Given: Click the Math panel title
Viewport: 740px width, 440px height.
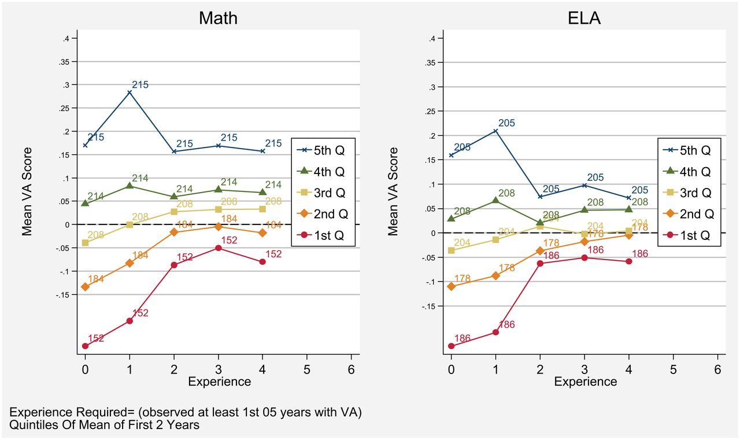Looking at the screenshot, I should click(x=218, y=18).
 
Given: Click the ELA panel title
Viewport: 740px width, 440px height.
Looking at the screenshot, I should click(x=584, y=18).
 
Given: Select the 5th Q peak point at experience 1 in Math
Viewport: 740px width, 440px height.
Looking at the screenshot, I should click(x=129, y=92).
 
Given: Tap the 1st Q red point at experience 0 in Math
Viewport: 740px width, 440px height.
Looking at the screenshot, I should click(x=86, y=346).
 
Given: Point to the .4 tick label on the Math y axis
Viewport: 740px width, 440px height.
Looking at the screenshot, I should click(x=65, y=39).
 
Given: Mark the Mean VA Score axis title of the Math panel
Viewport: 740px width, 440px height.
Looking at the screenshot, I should click(x=27, y=191).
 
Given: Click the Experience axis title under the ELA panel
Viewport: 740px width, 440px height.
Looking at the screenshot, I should click(x=585, y=382).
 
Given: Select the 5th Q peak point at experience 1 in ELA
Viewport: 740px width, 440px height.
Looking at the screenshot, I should click(x=495, y=131).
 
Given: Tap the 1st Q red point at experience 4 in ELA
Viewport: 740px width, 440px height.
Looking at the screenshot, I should click(x=628, y=261).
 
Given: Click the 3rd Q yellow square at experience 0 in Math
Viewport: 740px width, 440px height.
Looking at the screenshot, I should click(x=86, y=243).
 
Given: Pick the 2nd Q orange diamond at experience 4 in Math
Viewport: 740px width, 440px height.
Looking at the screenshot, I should click(x=262, y=232).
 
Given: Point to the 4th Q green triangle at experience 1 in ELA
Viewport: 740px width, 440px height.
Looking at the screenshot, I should click(x=495, y=201).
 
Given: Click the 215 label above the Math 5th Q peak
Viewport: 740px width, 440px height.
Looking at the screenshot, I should click(x=140, y=85).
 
